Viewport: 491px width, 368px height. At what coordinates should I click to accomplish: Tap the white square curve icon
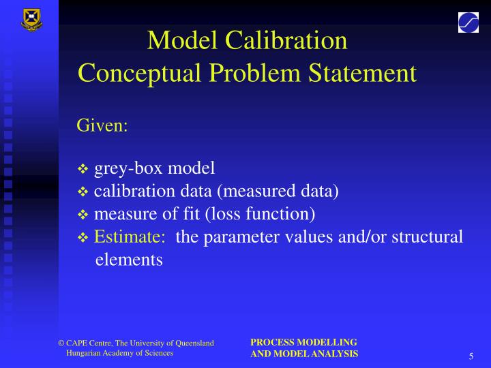click(x=468, y=22)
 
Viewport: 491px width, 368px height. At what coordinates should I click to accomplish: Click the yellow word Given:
click(x=102, y=126)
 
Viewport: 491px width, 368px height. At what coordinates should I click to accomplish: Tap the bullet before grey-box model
click(x=83, y=169)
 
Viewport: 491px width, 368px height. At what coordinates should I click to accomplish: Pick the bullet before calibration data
click(x=83, y=192)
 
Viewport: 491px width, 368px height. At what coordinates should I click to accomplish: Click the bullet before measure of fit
click(x=83, y=215)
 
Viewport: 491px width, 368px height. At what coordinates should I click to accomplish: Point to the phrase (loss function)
click(x=260, y=215)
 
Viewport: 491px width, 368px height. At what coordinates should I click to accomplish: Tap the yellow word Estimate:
click(x=130, y=237)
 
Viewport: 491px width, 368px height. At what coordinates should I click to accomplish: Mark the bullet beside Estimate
click(x=83, y=239)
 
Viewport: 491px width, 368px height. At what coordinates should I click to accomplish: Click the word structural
click(x=423, y=237)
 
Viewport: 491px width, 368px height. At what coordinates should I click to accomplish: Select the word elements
click(x=129, y=260)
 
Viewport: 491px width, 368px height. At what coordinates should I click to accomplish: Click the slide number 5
click(x=471, y=357)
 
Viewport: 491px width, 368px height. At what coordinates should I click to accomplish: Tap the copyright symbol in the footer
click(x=61, y=343)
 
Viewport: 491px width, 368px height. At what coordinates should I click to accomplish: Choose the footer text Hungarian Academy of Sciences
click(x=119, y=353)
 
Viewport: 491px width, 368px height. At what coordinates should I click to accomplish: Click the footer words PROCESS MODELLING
click(x=303, y=342)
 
